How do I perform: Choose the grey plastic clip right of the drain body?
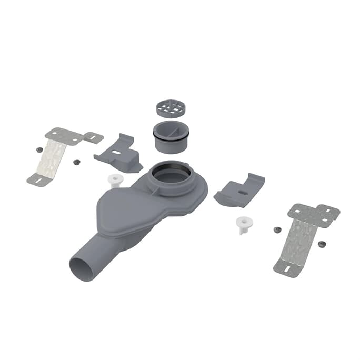(x=239, y=190)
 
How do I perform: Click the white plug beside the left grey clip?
(x=114, y=181)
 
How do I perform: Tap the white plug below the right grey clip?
(x=243, y=224)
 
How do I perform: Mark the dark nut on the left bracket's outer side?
(x=39, y=149)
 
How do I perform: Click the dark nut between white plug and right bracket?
(x=276, y=230)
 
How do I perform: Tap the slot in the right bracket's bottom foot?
(x=287, y=269)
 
